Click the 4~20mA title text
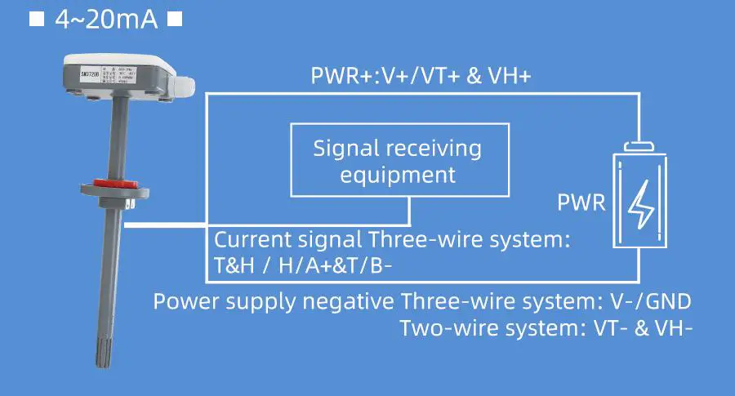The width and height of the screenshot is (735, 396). (x=105, y=19)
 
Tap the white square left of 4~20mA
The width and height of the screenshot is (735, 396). (x=36, y=19)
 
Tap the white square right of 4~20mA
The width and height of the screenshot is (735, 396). (x=173, y=19)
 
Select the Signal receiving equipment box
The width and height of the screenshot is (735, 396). (x=399, y=160)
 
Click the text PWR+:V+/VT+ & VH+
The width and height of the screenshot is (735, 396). (x=421, y=77)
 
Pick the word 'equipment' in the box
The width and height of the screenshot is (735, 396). (x=398, y=174)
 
